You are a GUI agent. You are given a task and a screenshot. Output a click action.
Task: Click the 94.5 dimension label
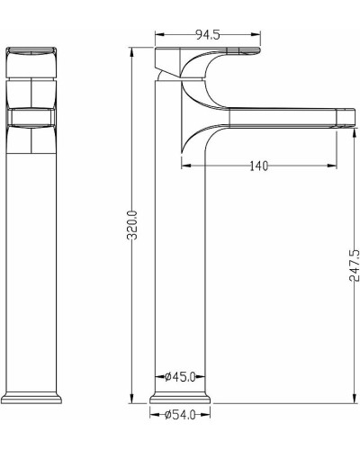[x=208, y=35]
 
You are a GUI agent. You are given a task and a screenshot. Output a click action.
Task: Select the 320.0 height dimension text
[x=132, y=225]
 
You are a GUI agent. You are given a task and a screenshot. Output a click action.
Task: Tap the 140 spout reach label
[x=259, y=166]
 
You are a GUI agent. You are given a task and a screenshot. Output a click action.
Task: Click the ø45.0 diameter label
[x=180, y=376]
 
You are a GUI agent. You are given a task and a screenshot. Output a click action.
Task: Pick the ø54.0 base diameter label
[x=180, y=415]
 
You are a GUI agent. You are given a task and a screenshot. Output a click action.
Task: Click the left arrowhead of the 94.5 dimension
[x=159, y=35]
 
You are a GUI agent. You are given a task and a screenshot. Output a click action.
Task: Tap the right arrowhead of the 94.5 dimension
[x=256, y=35]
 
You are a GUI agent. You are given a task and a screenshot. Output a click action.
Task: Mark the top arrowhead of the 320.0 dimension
[x=131, y=52]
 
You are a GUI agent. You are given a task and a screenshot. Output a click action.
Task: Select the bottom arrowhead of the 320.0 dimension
[x=131, y=399]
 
